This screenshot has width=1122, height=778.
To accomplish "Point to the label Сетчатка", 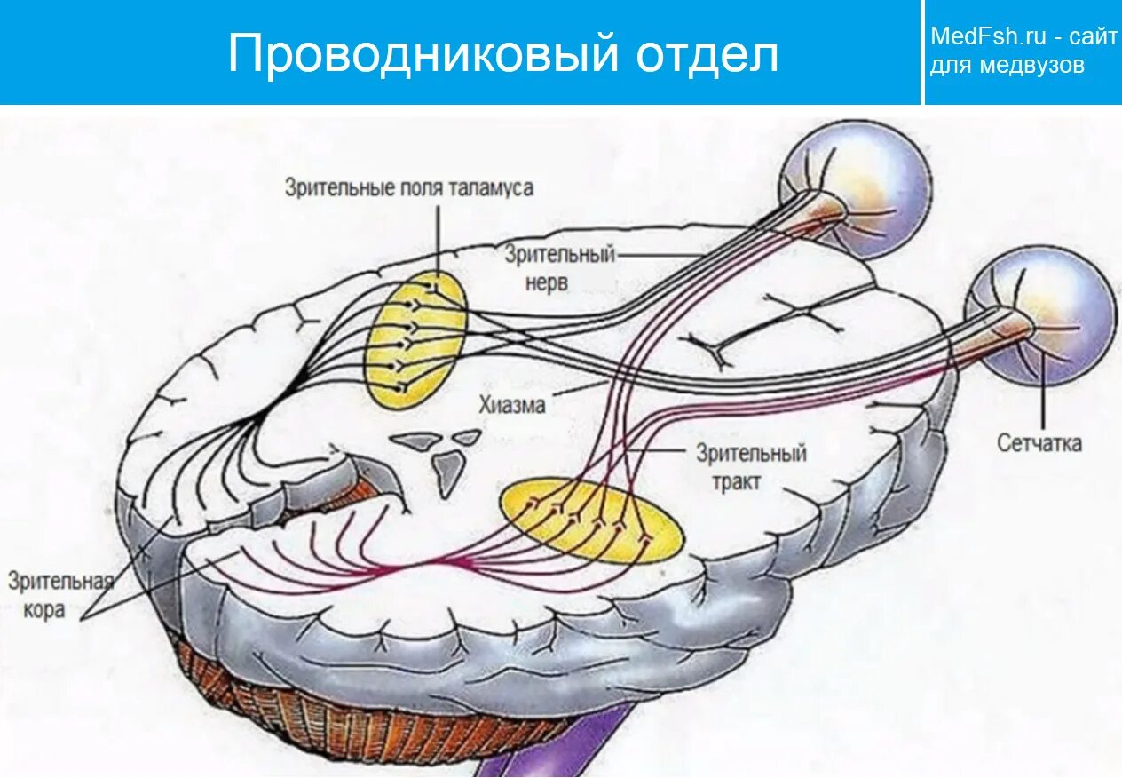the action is pos(1039,443).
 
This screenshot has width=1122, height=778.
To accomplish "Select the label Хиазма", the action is pos(511,405).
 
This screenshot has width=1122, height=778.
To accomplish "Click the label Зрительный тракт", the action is pos(751,468).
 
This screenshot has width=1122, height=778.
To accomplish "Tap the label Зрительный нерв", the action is pos(559,269).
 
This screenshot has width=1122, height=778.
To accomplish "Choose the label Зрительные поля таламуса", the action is pos(409,187).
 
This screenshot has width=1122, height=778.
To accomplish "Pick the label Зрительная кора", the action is pos(60,596).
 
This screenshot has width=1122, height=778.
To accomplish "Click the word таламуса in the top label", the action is pos(490,187).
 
